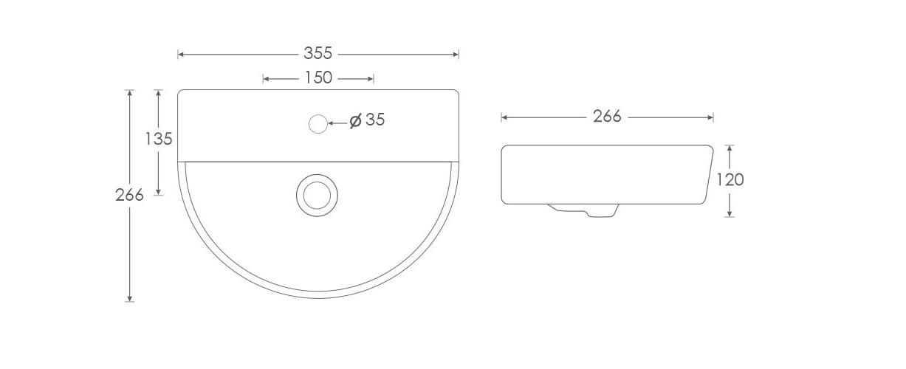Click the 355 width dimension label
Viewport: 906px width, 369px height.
(x=318, y=53)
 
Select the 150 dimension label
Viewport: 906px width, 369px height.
(x=318, y=77)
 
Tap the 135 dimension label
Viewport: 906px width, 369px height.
(x=159, y=139)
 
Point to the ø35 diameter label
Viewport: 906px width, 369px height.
(x=367, y=120)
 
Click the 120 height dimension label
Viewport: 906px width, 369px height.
(x=730, y=180)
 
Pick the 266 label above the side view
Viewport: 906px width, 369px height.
(x=607, y=117)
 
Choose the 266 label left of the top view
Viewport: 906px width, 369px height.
(x=129, y=196)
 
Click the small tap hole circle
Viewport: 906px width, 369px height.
(x=318, y=124)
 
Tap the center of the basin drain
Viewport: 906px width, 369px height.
(x=317, y=196)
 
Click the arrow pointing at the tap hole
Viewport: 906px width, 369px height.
(x=337, y=123)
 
